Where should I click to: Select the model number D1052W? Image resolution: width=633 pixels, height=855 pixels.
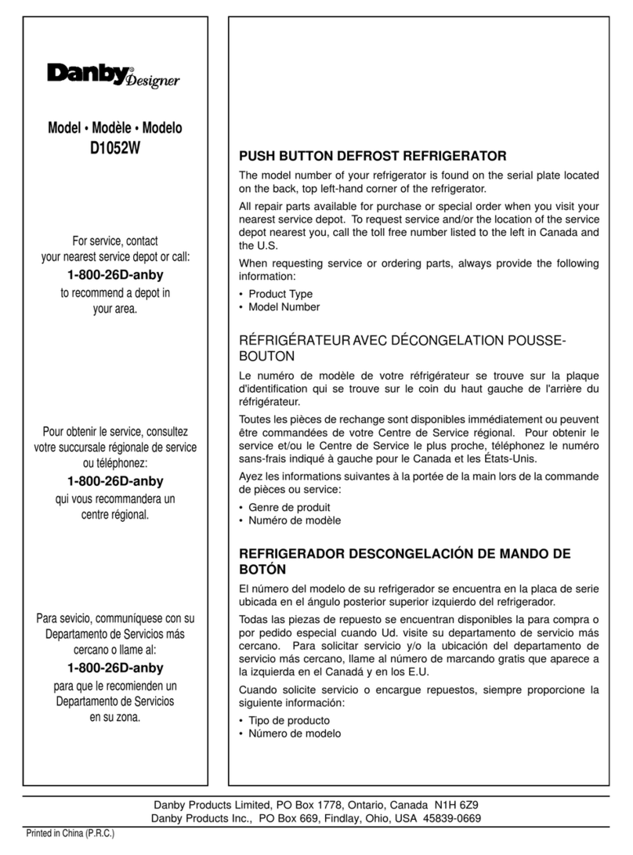tap(116, 147)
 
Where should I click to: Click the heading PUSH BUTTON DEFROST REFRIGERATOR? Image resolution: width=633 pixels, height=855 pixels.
tap(373, 154)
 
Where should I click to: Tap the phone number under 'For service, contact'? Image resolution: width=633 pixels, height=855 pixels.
tap(116, 275)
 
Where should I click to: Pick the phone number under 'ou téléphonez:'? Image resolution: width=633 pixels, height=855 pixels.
tap(116, 482)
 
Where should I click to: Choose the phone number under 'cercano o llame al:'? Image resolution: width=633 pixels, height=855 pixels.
tap(116, 668)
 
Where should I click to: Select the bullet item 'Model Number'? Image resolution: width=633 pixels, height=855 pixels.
tap(284, 307)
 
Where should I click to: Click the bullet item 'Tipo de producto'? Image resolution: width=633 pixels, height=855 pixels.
tap(289, 720)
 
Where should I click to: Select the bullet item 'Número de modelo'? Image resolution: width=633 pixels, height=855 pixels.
tap(295, 734)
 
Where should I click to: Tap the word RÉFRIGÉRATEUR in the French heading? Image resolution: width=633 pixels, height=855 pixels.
tap(287, 341)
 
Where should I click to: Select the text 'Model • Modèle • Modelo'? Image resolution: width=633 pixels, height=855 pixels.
tap(116, 129)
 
